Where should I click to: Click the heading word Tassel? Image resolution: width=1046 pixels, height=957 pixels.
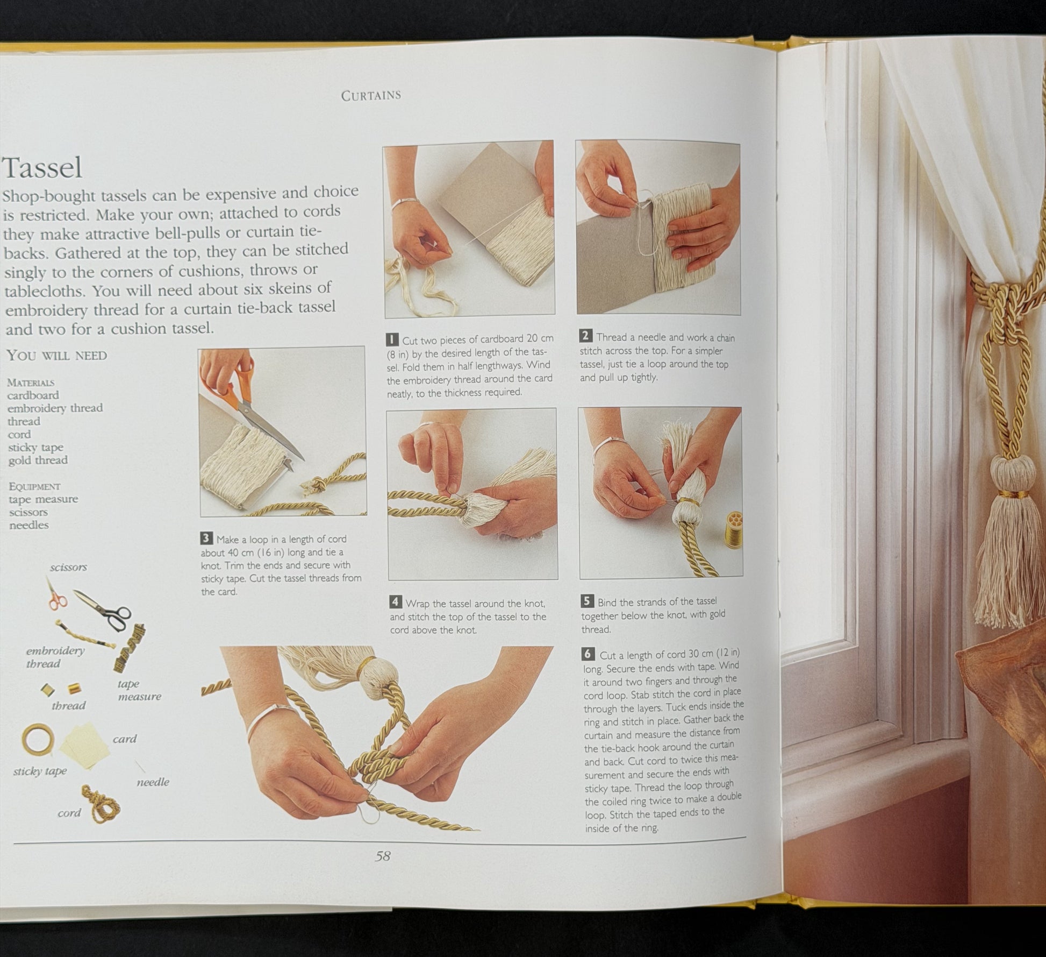pyautogui.click(x=42, y=168)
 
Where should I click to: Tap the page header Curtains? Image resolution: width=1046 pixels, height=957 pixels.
pyautogui.click(x=371, y=95)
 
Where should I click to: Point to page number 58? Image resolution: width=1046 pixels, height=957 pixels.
pyautogui.click(x=383, y=856)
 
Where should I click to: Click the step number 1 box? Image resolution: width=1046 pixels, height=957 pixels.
pyautogui.click(x=392, y=340)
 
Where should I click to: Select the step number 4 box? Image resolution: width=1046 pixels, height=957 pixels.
pyautogui.click(x=396, y=602)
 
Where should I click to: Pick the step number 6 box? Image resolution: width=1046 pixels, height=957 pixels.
pyautogui.click(x=589, y=654)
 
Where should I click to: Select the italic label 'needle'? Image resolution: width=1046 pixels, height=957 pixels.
pyautogui.click(x=153, y=782)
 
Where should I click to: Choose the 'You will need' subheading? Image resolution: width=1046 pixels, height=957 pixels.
pyautogui.click(x=57, y=356)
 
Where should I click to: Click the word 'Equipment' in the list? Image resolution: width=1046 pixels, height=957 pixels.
pyautogui.click(x=34, y=486)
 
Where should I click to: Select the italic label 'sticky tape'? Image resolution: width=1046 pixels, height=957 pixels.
pyautogui.click(x=40, y=771)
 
